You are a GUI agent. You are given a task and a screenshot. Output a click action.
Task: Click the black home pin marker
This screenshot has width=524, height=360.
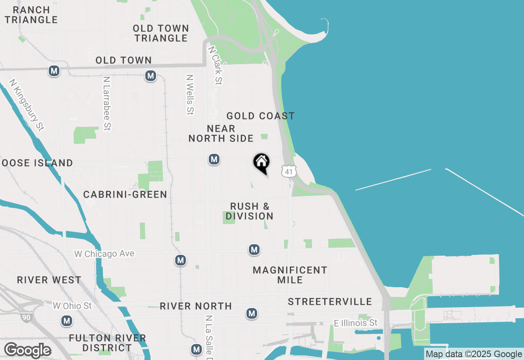(261, 163)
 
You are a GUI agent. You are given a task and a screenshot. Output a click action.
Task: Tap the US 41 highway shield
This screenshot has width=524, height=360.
(289, 171)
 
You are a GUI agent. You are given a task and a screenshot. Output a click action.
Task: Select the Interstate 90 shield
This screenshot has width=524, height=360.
(25, 317)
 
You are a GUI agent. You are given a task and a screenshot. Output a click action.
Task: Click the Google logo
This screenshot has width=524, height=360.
(27, 351)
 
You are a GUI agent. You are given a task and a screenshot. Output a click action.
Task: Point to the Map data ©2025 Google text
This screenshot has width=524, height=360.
(474, 354)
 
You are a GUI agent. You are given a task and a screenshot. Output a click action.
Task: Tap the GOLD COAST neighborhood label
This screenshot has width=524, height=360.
(260, 116)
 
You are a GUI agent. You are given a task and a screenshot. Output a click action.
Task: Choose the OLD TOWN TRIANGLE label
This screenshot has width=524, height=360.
(161, 33)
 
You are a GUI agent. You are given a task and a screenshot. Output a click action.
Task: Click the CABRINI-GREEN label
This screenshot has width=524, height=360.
(125, 194)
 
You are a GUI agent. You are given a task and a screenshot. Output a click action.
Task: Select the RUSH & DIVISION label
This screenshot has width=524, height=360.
(249, 211)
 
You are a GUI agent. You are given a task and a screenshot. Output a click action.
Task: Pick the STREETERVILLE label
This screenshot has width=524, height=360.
(330, 302)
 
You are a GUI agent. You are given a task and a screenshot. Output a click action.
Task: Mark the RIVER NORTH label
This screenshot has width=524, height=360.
(196, 306)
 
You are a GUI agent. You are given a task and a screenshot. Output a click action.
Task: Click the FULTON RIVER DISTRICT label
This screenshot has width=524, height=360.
(107, 343)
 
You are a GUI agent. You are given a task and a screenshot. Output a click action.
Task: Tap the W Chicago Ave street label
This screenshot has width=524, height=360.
(104, 254)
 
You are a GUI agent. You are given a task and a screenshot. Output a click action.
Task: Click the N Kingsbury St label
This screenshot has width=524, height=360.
(27, 105)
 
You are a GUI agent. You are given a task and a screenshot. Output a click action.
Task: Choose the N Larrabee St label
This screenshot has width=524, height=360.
(107, 103)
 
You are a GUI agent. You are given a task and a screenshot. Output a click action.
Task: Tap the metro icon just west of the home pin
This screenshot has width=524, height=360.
(214, 159)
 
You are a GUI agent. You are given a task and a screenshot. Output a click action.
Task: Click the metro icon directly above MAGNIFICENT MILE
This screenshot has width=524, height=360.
(254, 249)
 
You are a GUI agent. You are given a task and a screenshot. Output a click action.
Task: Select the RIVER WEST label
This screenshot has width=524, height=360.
(49, 280)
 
